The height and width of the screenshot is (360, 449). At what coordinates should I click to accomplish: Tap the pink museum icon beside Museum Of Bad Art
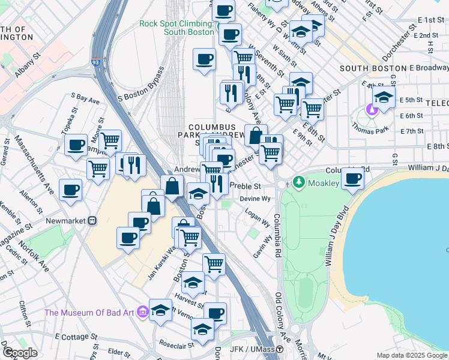coord(142,312)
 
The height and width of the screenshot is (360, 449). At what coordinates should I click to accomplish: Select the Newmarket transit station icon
coord(92,220)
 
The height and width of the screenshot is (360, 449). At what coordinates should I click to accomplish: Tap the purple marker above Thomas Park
coord(371,110)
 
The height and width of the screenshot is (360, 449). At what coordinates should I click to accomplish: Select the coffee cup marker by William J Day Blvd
coord(354,178)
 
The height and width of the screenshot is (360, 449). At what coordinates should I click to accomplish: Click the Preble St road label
coord(245,186)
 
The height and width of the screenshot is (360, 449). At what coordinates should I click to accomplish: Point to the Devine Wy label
coord(255,199)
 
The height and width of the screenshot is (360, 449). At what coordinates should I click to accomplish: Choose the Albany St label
coord(28,65)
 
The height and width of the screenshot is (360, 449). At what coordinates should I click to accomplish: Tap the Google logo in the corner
coord(20,352)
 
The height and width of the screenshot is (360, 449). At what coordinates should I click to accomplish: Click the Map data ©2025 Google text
coord(411,355)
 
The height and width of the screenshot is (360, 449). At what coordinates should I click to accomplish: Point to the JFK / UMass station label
coord(252,349)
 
